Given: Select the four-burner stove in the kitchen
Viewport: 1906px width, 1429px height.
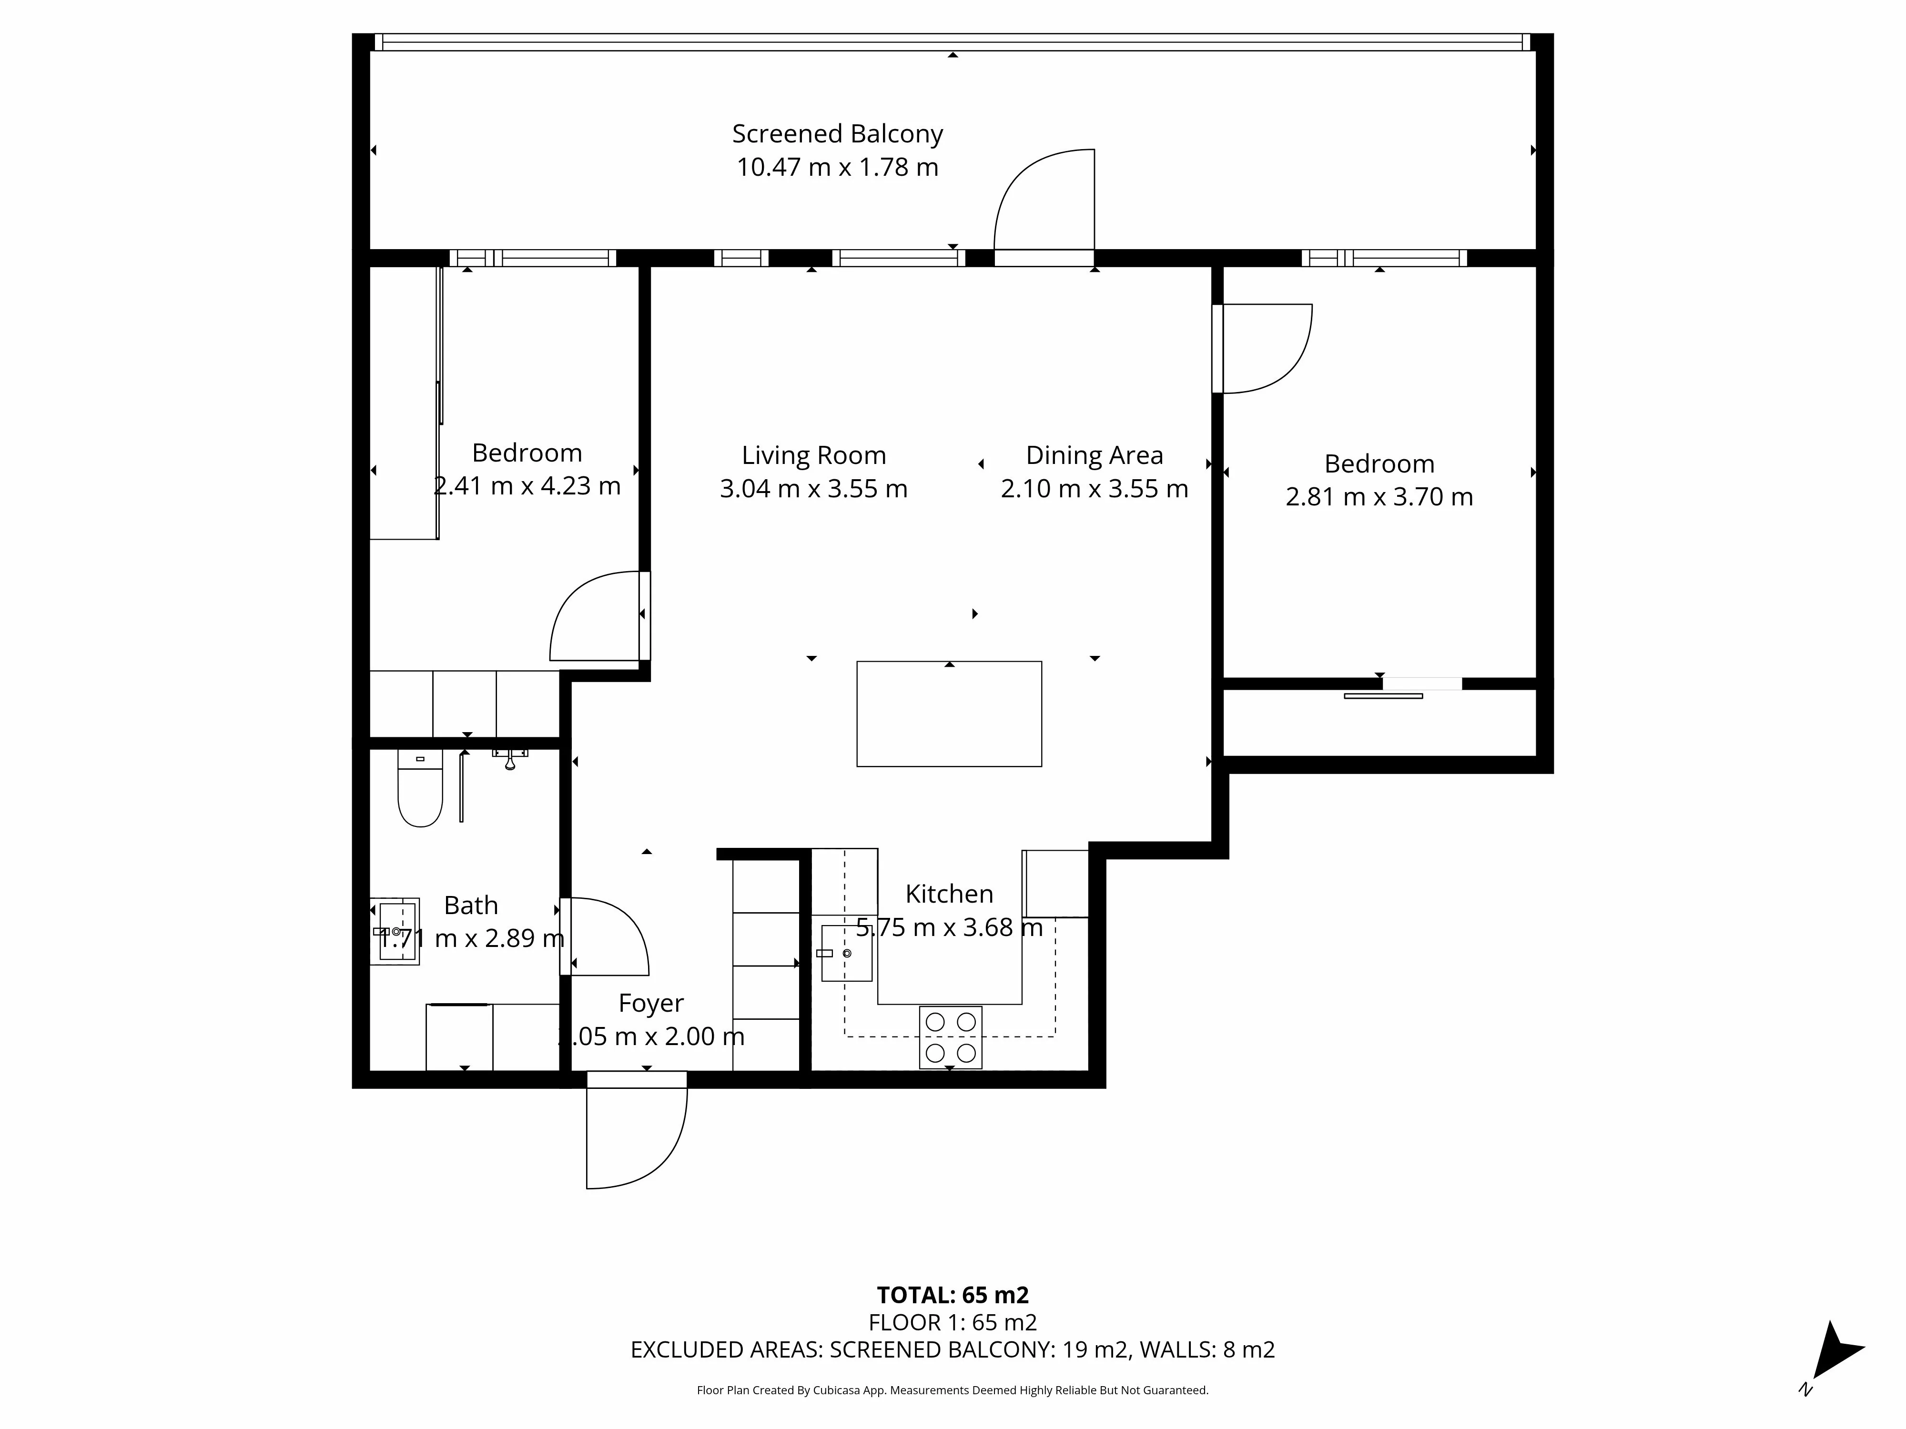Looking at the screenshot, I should [951, 1037].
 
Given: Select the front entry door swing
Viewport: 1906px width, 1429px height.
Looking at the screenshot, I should [633, 1135].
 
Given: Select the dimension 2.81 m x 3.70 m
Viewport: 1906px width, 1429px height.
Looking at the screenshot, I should [1379, 497].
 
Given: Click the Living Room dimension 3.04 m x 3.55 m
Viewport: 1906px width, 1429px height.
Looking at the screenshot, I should [813, 488].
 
